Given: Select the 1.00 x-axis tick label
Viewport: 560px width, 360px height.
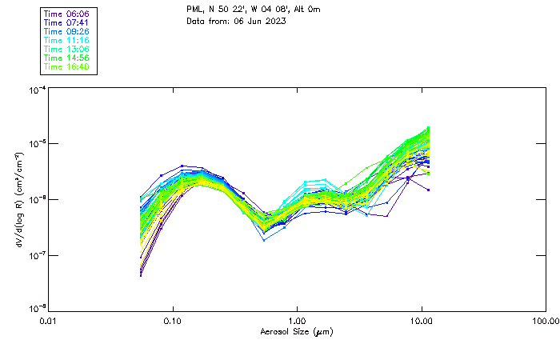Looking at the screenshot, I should pos(298,321).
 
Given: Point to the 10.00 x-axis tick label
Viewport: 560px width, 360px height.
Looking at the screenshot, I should pos(422,321).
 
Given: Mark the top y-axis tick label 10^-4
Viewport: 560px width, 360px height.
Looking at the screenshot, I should pos(37,90).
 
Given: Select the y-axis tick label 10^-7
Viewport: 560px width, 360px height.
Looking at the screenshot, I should pos(37,255).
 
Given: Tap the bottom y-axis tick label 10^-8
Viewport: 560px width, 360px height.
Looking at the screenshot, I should pos(37,308).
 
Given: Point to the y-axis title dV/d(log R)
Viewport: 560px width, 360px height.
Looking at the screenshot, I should pos(18,200).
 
